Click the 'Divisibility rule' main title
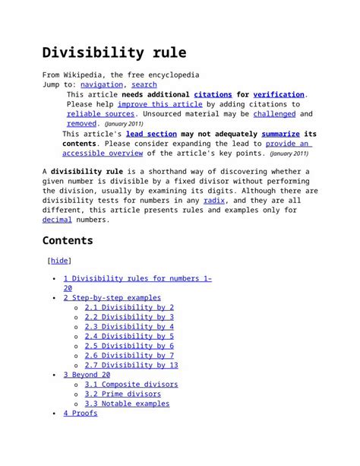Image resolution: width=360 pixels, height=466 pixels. (114, 53)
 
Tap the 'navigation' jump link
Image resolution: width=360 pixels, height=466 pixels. (103, 85)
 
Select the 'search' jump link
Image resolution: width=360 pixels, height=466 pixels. (144, 85)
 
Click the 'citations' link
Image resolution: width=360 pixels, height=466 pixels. (213, 94)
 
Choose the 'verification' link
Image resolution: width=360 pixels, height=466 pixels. (279, 94)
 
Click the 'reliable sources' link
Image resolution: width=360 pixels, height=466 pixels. (100, 114)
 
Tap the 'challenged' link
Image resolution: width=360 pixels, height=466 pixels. (274, 114)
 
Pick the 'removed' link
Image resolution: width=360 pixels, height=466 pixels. (82, 123)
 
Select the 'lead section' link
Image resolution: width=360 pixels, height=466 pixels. (151, 134)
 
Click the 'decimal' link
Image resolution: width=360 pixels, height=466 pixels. (57, 220)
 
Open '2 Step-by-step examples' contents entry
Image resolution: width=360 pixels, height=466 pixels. (112, 298)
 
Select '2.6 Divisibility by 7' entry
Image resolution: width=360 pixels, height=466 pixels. (129, 355)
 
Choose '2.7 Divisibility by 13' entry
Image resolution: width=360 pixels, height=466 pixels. (131, 365)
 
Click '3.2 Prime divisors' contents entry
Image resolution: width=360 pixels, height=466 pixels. (123, 394)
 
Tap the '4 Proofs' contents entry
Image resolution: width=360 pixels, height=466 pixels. (81, 413)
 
